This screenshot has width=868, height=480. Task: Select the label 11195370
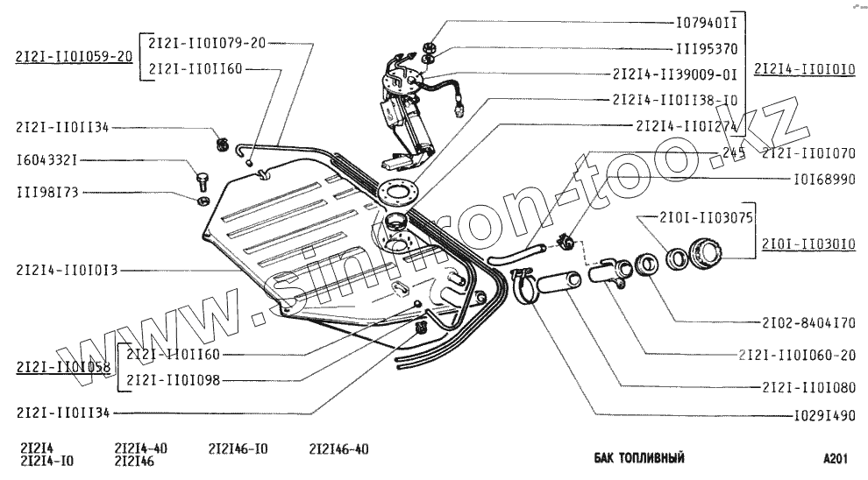(707, 50)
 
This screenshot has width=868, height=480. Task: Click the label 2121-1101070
(808, 152)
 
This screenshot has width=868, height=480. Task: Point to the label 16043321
(48, 161)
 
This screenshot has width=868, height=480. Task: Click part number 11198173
(48, 191)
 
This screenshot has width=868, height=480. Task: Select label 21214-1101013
(66, 271)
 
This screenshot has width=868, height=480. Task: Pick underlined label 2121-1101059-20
(74, 55)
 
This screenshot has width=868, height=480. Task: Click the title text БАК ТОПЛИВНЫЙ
(638, 457)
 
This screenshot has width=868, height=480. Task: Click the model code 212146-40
(339, 448)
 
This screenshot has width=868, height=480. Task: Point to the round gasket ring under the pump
(395, 188)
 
